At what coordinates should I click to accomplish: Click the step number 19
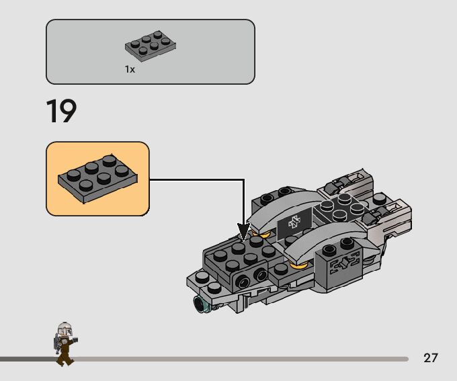(x=61, y=112)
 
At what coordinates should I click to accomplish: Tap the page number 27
(x=431, y=357)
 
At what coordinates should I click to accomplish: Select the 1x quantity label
(x=130, y=69)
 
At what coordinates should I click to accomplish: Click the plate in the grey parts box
(x=151, y=45)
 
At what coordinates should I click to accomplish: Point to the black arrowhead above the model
(x=243, y=231)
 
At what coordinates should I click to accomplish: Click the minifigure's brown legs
(x=65, y=356)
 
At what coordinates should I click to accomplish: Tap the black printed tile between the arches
(x=294, y=224)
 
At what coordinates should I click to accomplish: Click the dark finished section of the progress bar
(x=27, y=359)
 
